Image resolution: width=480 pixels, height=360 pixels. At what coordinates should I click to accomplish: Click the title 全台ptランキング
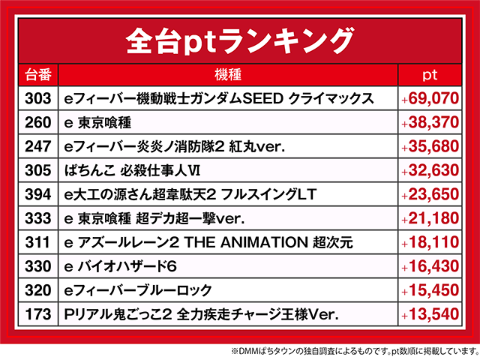click(x=240, y=40)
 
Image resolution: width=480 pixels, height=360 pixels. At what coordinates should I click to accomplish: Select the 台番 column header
click(x=38, y=75)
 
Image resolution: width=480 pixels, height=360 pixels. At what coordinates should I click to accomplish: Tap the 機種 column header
click(x=228, y=75)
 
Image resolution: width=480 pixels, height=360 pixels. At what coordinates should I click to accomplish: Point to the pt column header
click(x=430, y=75)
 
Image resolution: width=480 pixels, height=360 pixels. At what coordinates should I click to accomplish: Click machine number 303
click(x=38, y=98)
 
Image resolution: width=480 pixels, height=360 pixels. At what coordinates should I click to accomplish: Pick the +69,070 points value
click(x=430, y=98)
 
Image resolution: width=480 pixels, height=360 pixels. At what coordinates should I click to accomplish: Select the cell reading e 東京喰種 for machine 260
click(x=97, y=123)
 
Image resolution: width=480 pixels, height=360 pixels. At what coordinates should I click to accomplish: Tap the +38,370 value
click(x=430, y=122)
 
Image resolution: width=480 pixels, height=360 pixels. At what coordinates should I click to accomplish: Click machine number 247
click(x=38, y=146)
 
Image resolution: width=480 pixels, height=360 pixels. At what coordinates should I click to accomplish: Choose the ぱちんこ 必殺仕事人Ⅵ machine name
click(x=132, y=170)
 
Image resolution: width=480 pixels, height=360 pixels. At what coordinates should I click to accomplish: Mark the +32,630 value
click(x=430, y=170)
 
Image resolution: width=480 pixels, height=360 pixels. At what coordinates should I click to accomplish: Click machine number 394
click(x=38, y=194)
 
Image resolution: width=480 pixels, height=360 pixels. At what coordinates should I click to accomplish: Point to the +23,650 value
click(x=430, y=194)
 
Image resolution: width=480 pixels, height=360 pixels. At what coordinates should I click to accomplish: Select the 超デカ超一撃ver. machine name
click(x=190, y=218)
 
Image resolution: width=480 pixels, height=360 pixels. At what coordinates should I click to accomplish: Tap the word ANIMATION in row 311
click(x=263, y=242)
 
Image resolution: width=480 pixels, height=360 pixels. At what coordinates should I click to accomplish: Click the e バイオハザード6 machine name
click(x=120, y=266)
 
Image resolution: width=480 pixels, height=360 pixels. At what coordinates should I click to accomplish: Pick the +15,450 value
click(x=430, y=290)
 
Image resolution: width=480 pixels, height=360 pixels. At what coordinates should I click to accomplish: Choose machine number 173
click(x=38, y=314)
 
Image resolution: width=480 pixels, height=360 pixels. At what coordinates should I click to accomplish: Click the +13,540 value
click(x=430, y=314)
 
